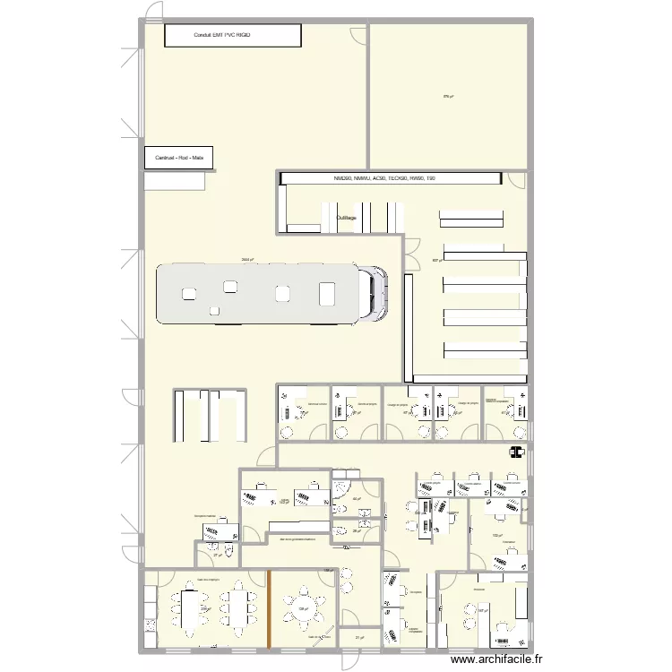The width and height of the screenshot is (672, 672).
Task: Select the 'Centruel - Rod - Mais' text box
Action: [x=179, y=159]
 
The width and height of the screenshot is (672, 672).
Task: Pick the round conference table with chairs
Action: [x=305, y=608]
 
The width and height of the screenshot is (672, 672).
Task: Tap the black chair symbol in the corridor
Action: [x=515, y=452]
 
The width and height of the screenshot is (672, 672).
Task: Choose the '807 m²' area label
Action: [x=436, y=261]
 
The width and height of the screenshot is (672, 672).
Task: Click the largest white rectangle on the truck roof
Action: [x=326, y=292]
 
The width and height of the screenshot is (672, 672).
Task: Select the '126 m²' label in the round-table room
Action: [x=303, y=609]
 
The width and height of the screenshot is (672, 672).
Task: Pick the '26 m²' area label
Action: [x=356, y=531]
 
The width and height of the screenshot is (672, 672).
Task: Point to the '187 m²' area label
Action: [x=481, y=612]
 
